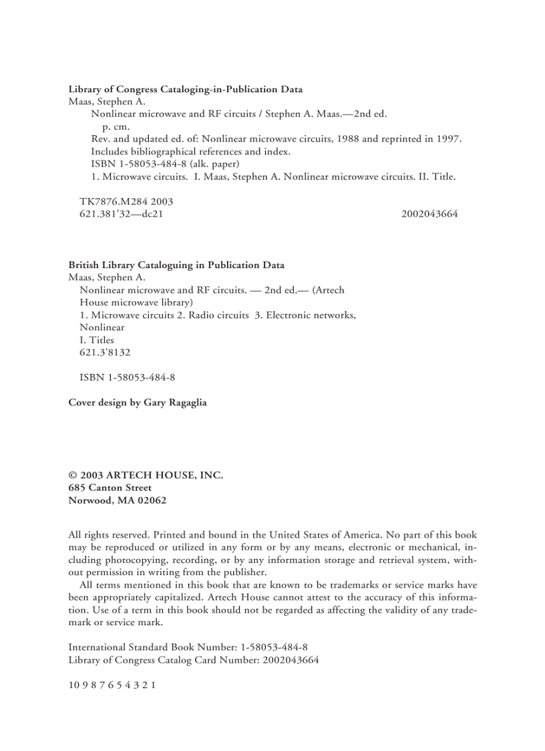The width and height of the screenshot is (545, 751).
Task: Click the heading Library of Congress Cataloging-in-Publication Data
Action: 185,89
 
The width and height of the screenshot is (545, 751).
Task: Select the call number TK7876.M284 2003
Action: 126,201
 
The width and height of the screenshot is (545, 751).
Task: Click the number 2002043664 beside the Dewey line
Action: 429,214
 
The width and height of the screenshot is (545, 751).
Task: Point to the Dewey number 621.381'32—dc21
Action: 121,214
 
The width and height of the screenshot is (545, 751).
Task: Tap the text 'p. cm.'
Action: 116,126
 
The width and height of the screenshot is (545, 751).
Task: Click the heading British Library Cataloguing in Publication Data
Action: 176,265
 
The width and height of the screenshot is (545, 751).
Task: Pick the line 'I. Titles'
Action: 97,340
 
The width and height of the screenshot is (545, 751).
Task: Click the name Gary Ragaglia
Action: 175,403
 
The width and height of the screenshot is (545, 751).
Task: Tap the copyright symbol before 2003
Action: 73,475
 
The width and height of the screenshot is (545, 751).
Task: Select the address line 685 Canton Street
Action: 110,488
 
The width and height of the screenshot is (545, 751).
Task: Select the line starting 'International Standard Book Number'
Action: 188,647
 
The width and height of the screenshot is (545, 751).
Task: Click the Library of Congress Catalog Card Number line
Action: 194,660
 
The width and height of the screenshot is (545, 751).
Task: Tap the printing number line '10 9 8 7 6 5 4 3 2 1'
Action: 112,685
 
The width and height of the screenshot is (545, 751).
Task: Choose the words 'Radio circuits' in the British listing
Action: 218,315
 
